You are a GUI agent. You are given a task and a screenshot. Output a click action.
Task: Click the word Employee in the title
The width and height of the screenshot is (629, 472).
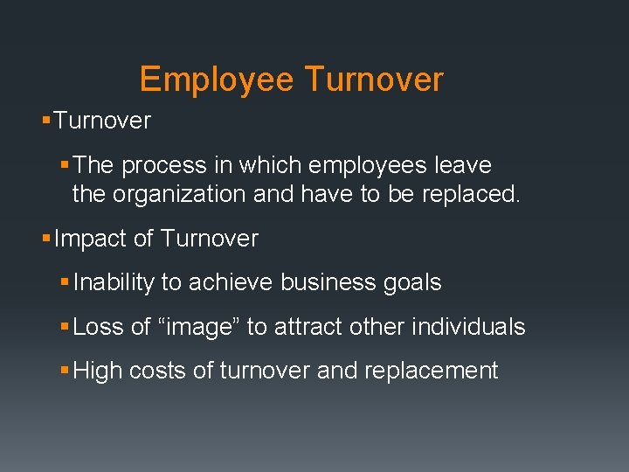point(216,80)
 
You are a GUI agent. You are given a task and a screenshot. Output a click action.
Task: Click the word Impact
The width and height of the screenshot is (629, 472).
point(90,239)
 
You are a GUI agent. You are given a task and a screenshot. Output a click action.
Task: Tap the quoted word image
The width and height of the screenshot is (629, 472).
point(199,327)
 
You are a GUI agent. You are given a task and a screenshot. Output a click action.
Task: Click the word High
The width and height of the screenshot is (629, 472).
point(98,371)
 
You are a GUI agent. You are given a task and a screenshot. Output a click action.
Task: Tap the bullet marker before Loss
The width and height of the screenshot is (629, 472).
point(66,327)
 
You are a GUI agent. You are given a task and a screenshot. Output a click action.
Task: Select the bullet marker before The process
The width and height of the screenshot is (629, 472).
point(66,165)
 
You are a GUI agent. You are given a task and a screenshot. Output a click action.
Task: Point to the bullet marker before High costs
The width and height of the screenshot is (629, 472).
point(66,371)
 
